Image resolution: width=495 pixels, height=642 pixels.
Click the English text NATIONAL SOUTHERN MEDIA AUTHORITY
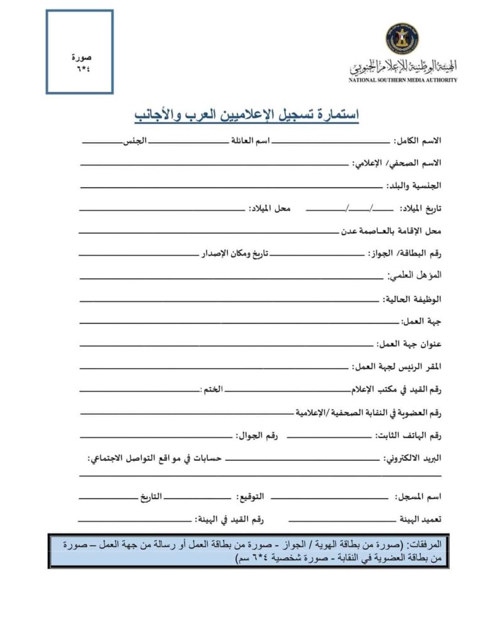403,80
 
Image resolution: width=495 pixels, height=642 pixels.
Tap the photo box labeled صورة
80,52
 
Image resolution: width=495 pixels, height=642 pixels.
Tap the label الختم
211,389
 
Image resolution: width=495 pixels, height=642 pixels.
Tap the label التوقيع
250,497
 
